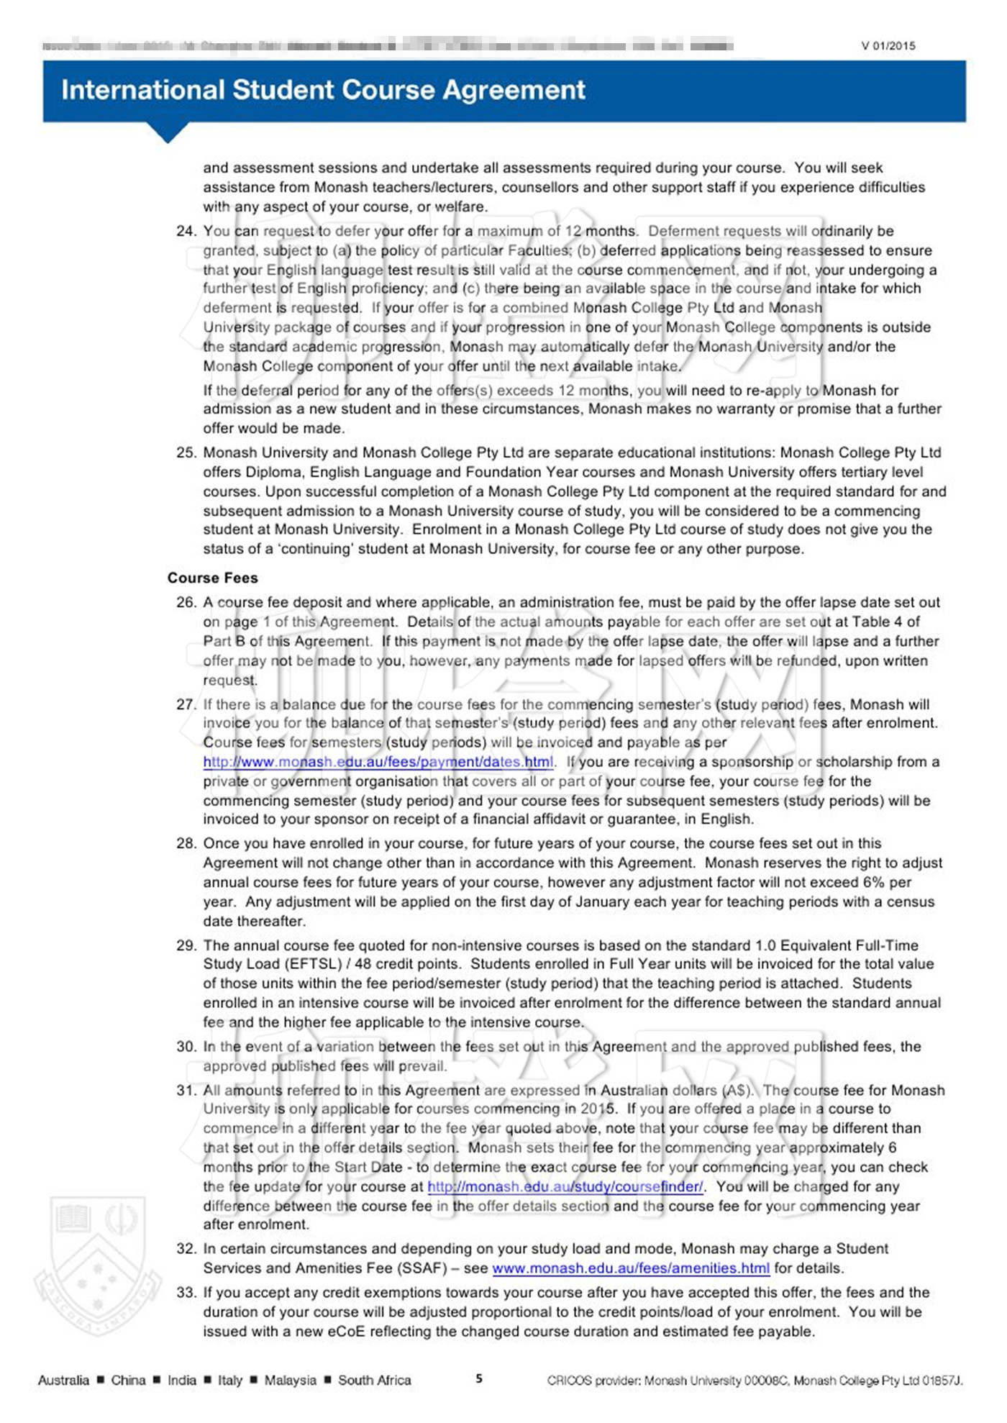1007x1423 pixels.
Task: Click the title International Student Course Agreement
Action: click(x=323, y=90)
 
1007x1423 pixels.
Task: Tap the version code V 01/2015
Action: click(x=888, y=46)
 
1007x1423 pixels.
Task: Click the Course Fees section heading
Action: click(x=212, y=578)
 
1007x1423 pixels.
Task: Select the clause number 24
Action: click(x=186, y=231)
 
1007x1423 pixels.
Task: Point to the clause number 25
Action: click(x=186, y=453)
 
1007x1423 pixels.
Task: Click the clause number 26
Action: click(x=186, y=602)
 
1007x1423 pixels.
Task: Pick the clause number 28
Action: click(x=186, y=843)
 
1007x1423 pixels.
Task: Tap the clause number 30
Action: click(x=186, y=1046)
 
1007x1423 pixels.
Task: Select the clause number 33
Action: click(x=186, y=1292)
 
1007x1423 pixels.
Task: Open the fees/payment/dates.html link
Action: click(x=378, y=762)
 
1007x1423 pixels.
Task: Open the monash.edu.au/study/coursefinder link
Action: click(x=565, y=1186)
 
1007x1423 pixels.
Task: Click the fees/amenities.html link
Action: click(x=631, y=1268)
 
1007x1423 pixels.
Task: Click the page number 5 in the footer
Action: click(x=479, y=1378)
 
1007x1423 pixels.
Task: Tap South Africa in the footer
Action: click(x=374, y=1380)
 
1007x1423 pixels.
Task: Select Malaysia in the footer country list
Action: click(x=290, y=1380)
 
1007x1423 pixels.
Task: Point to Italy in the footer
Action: click(x=230, y=1380)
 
